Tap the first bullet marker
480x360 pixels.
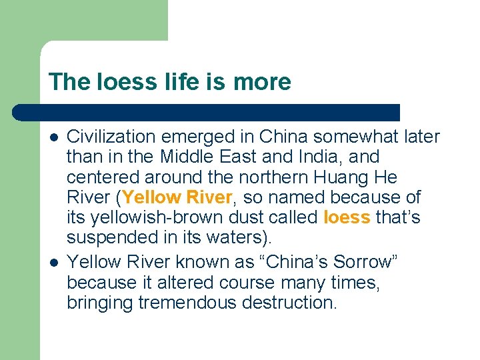[x=53, y=137]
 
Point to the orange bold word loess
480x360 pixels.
[x=346, y=217]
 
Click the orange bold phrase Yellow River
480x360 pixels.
[x=176, y=198]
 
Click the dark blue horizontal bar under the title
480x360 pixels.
[x=207, y=112]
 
